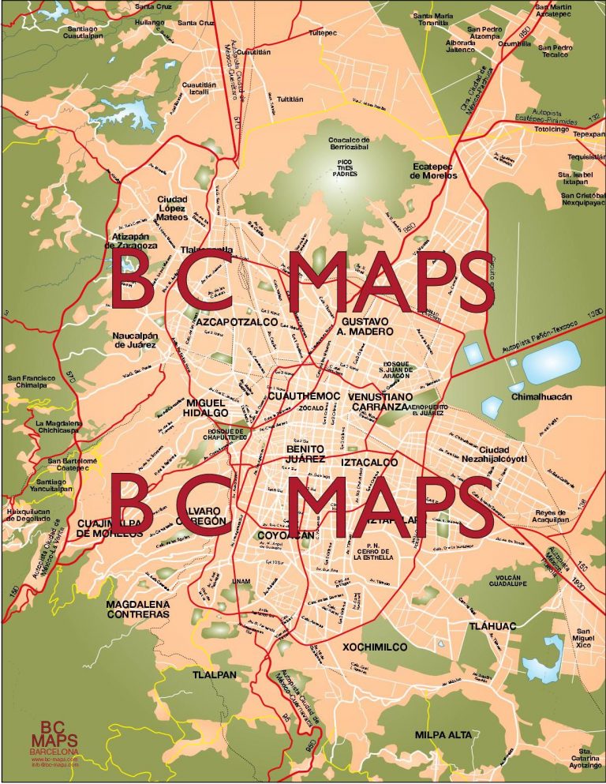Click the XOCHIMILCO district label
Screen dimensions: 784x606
coord(375,647)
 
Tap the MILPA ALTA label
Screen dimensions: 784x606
coord(443,734)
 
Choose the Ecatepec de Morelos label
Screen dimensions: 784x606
coord(433,171)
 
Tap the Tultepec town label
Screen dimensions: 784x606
coord(322,33)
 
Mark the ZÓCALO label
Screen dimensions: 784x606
coord(312,408)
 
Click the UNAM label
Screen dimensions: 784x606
coord(241,582)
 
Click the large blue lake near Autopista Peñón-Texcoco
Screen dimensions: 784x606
coord(552,363)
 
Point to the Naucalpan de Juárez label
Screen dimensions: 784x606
coord(135,339)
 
